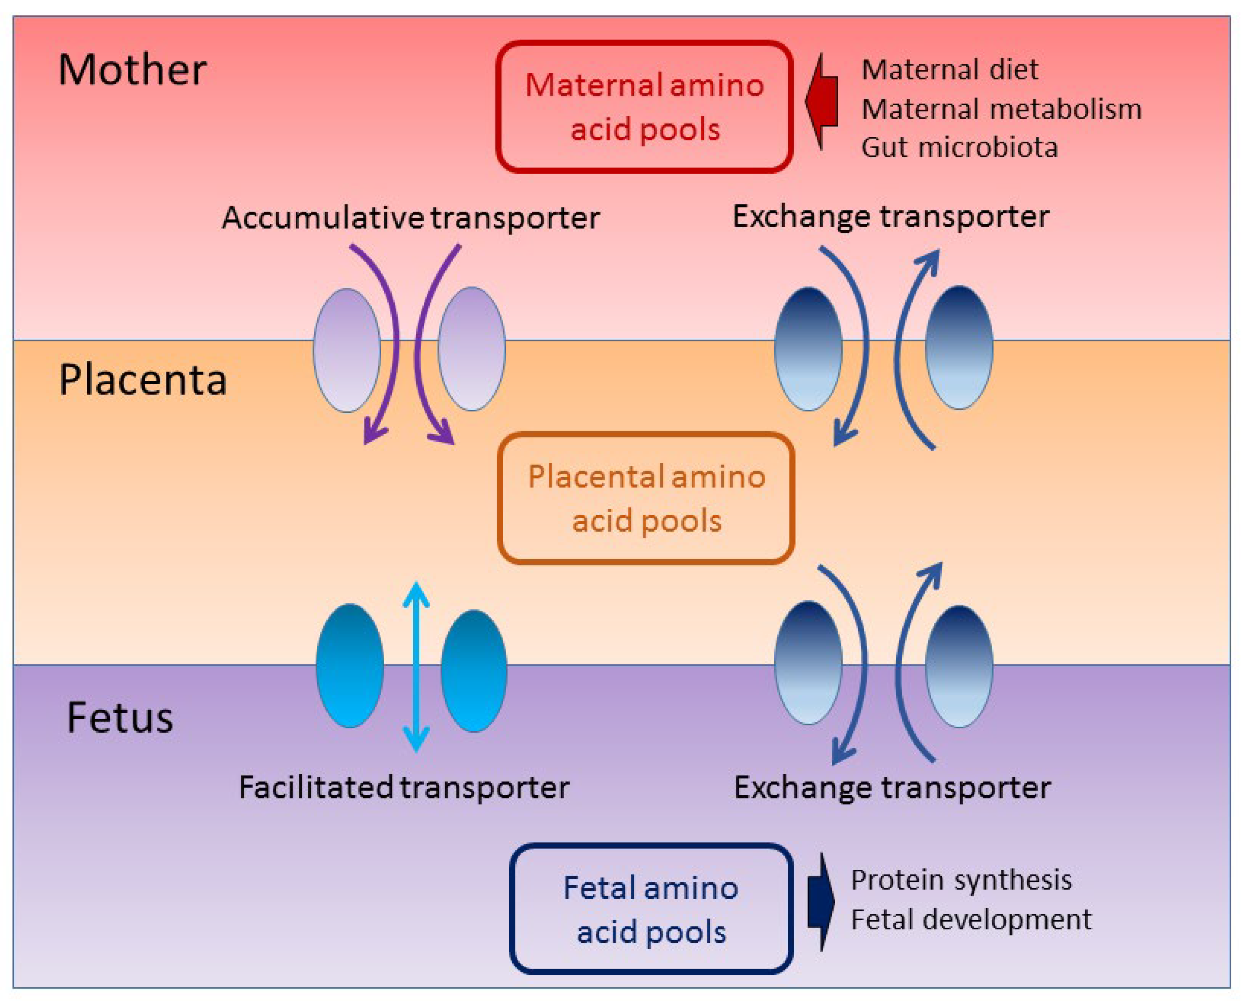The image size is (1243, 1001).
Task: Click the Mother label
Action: [x=132, y=70]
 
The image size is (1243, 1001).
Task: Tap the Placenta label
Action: [x=143, y=380]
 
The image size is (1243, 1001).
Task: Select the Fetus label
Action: [x=120, y=718]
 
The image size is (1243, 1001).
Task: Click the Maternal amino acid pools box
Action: [x=644, y=107]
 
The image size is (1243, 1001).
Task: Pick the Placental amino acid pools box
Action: [x=646, y=498]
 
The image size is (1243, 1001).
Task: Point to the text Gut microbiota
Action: [x=959, y=148]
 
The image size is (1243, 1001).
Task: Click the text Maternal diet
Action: [x=950, y=70]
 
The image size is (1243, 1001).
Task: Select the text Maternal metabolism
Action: [x=1001, y=109]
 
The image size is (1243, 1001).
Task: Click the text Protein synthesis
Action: [x=961, y=881]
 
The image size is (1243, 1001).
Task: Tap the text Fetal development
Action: [x=971, y=920]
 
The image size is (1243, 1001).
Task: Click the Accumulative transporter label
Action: [x=411, y=218]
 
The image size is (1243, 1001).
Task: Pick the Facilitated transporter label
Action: [x=404, y=787]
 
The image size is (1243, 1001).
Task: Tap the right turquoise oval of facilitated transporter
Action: [x=474, y=671]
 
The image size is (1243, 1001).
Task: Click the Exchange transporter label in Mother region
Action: [x=891, y=217]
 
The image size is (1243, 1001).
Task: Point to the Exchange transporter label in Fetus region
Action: [x=892, y=787]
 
